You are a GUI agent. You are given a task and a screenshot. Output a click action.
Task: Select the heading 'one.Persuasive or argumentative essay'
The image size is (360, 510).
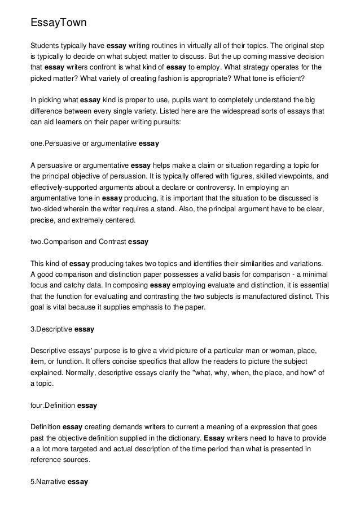click(95, 144)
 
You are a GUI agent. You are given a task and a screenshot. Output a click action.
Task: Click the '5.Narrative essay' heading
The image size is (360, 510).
click(59, 483)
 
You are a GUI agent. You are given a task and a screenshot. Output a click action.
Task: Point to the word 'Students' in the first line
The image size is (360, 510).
click(45, 45)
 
